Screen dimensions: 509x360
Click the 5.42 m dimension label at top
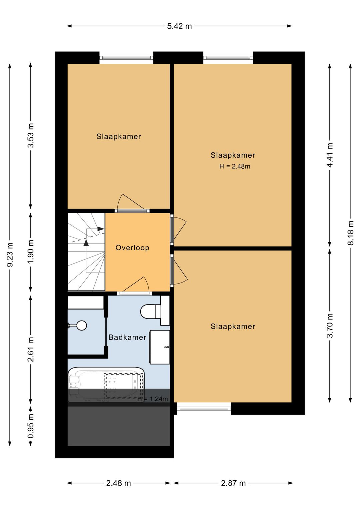coord(179,26)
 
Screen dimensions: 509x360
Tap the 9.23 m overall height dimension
coord(10,254)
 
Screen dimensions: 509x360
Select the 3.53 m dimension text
coord(31,135)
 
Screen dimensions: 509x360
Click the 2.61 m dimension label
coord(31,349)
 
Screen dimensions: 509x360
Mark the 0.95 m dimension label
coord(31,426)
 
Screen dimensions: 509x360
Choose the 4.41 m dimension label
coord(330,155)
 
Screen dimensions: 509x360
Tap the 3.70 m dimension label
coord(330,326)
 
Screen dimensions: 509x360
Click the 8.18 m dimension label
coord(350,233)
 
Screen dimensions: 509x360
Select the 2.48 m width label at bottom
coord(118,483)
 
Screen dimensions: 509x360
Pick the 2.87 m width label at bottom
coord(233,483)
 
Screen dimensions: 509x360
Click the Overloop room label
coord(132,247)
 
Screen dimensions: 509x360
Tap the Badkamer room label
coord(127,337)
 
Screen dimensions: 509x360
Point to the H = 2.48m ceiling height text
coord(235,166)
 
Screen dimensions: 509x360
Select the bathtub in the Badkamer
coord(106,385)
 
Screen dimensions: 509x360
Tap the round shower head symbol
coord(81,325)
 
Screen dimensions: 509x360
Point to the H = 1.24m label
coord(152,399)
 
